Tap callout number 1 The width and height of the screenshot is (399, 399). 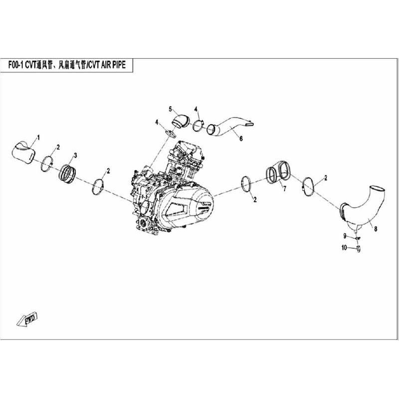point(38,137)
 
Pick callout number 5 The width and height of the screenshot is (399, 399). point(170,109)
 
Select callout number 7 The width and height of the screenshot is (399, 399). point(284,190)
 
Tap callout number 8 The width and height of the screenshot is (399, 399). point(376,230)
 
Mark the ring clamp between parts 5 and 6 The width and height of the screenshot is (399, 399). point(198,125)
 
